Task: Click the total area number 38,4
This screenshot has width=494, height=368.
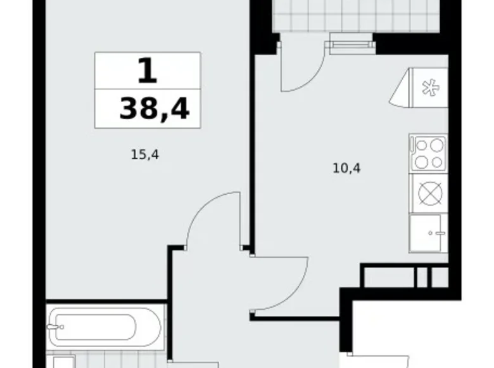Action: (x=154, y=108)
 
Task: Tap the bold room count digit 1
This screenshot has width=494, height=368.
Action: (x=147, y=71)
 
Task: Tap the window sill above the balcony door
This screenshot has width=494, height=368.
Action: (x=349, y=44)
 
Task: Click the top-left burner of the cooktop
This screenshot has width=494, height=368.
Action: (x=421, y=145)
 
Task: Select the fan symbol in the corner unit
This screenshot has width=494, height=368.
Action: (x=431, y=88)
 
